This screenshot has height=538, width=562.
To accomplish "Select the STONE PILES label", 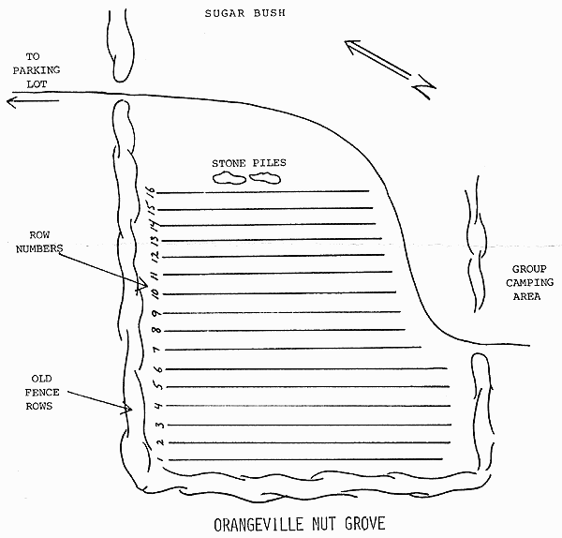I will click(248, 162).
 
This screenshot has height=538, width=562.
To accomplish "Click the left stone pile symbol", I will click(229, 177).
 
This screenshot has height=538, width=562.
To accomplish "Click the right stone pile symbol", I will click(266, 177).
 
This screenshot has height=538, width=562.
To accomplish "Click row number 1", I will click(158, 459).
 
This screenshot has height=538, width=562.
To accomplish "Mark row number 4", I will click(157, 405).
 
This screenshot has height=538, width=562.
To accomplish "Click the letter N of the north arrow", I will click(424, 90).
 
